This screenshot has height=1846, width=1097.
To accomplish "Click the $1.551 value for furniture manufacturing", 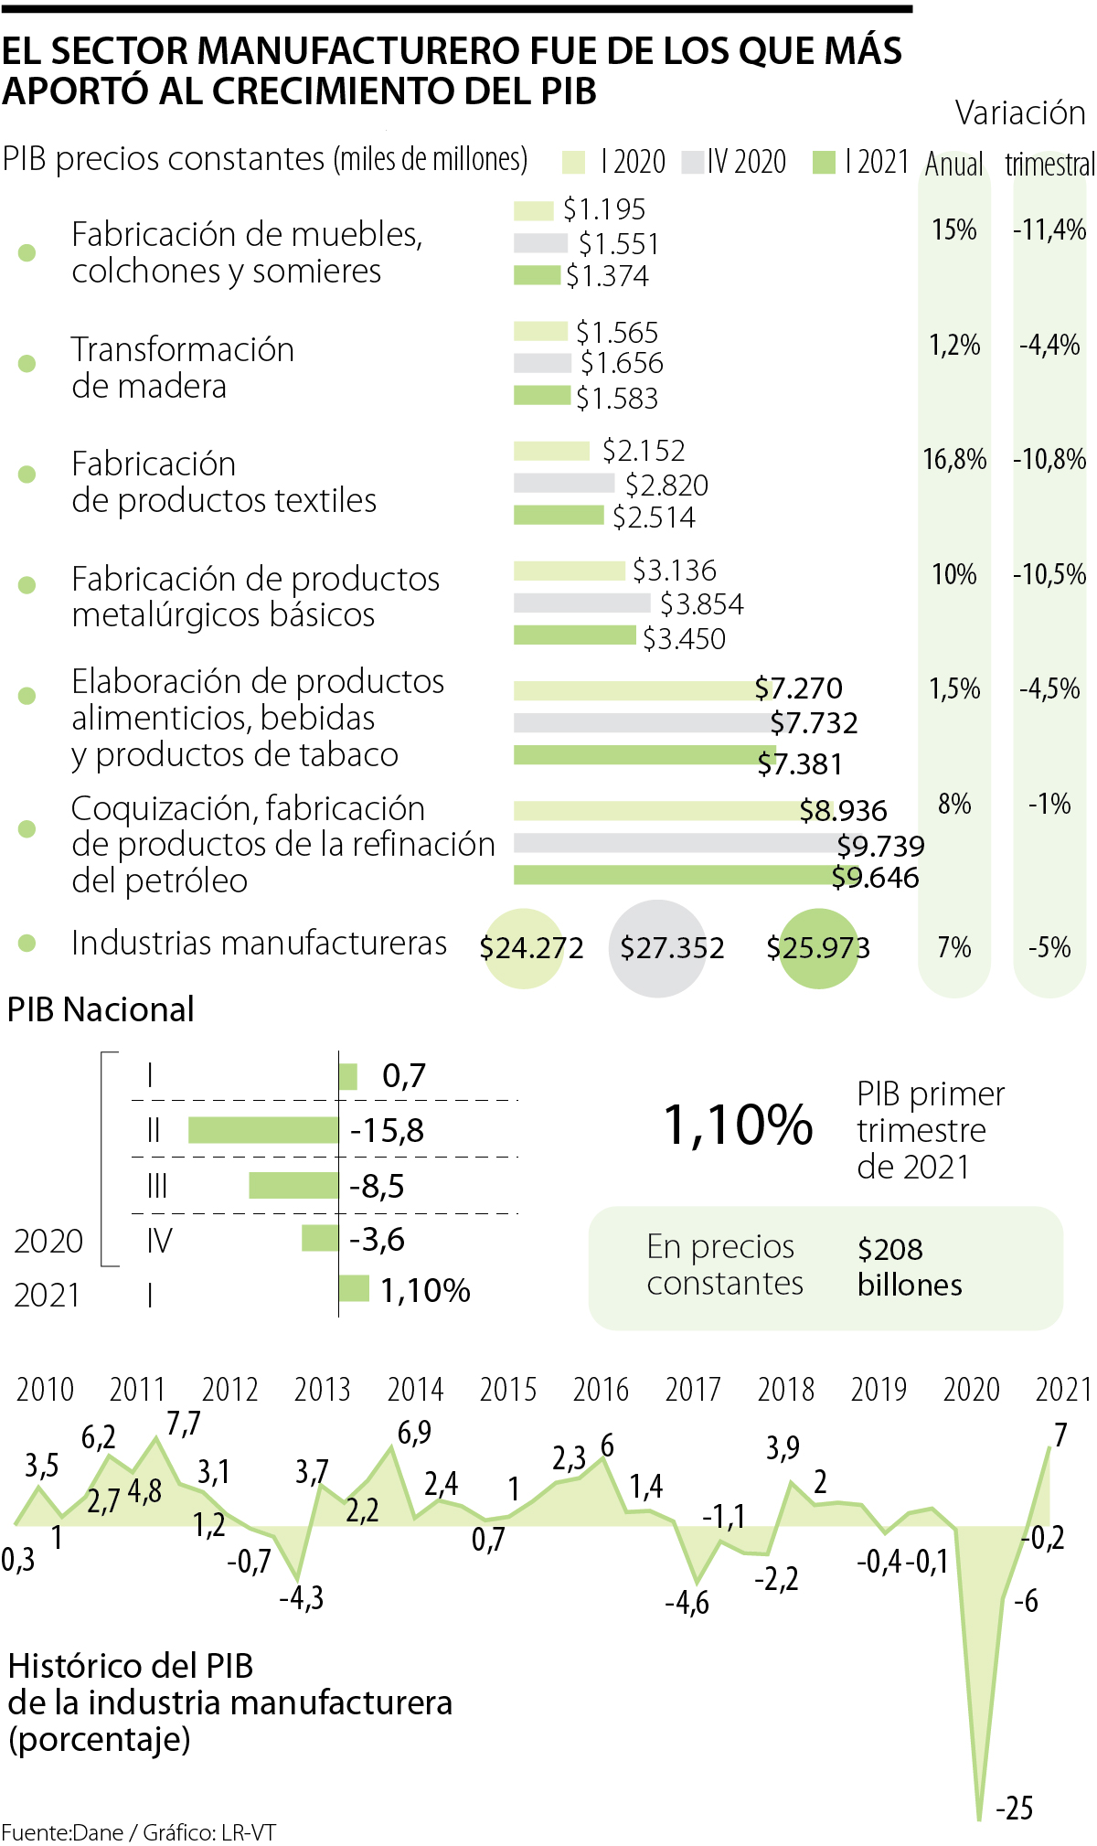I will click(x=618, y=243).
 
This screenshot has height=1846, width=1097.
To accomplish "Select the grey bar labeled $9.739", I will click(x=676, y=842).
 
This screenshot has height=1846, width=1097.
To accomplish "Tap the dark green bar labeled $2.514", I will click(x=559, y=516).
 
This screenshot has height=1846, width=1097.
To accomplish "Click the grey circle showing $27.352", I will click(x=658, y=948).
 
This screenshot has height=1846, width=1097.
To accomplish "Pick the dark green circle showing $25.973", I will click(x=818, y=948).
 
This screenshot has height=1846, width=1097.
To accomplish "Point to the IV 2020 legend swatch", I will click(x=693, y=163).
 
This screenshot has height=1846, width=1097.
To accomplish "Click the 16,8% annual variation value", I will click(x=954, y=459).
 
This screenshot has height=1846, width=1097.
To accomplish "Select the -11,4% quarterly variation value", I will click(x=1049, y=229).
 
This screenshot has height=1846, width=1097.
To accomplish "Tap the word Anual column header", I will click(x=954, y=165).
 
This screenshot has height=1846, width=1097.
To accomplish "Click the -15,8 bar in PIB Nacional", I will click(x=263, y=1130).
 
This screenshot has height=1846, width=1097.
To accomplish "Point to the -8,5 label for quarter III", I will click(x=377, y=1186).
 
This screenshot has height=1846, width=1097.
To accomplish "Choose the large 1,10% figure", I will click(x=737, y=1125).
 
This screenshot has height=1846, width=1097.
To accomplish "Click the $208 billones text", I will click(x=909, y=1266).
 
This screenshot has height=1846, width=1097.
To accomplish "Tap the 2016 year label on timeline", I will click(x=601, y=1390).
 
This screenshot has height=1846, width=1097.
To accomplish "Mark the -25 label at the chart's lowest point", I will click(x=1014, y=1808).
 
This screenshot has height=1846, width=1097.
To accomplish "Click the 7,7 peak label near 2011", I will click(x=184, y=1424).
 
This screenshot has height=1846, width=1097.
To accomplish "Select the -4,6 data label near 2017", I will click(x=687, y=1603).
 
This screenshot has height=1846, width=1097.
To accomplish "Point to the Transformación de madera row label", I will click(x=183, y=368).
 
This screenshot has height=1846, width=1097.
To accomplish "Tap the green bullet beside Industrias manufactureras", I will click(x=27, y=943).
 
